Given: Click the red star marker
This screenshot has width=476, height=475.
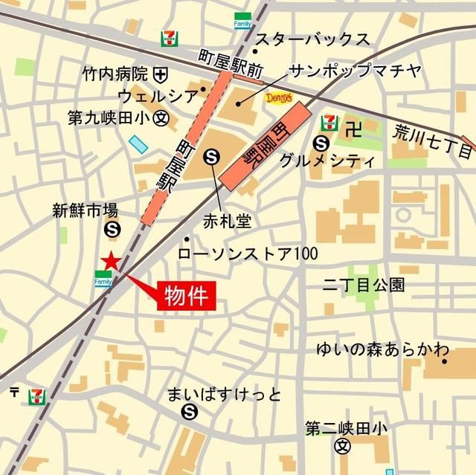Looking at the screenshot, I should (x=110, y=261).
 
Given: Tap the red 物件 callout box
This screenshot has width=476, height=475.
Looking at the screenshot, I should (x=185, y=294).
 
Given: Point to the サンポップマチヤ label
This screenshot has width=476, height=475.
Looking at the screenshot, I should (x=355, y=71).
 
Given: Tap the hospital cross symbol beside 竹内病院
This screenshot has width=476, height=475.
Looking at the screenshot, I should (x=160, y=74).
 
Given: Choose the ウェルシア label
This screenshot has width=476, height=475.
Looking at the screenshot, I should (x=158, y=96).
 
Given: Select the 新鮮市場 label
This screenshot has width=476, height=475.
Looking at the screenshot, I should (x=85, y=210).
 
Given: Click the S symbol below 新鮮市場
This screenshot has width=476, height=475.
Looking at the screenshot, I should (x=112, y=230).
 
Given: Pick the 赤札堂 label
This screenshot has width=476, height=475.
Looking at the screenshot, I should (x=227, y=222).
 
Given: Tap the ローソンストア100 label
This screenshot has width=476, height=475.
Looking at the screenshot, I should (x=248, y=253).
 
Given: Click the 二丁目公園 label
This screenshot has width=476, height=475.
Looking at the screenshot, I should (x=363, y=283).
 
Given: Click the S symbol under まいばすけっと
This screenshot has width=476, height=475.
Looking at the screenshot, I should (x=190, y=411).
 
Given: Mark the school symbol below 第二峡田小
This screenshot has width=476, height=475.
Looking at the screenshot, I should (x=342, y=447).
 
